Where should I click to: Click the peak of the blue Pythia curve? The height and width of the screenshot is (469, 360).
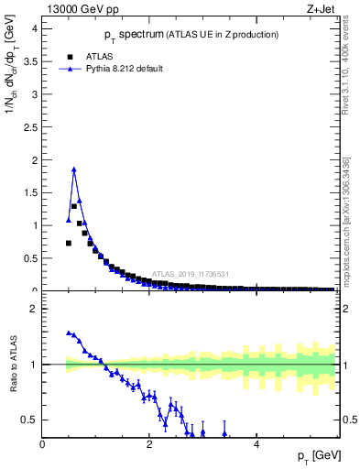click(x=73, y=169)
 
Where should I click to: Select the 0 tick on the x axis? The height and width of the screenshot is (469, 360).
click(x=42, y=444)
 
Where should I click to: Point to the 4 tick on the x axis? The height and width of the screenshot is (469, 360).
click(x=256, y=444)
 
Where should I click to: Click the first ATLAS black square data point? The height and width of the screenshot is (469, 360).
click(x=69, y=243)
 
